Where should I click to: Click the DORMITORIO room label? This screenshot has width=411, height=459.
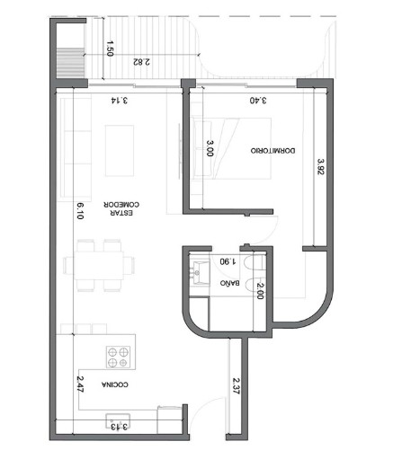pyautogui.click(x=273, y=150)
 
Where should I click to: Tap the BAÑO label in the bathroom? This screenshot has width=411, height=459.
pyautogui.click(x=229, y=283)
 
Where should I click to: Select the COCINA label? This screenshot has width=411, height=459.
pyautogui.click(x=115, y=384)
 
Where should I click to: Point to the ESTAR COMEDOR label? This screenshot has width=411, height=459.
pyautogui.click(x=121, y=208)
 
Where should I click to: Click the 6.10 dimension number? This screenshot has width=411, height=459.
pyautogui.click(x=80, y=211)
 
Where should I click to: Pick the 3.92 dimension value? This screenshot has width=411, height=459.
pyautogui.click(x=321, y=167)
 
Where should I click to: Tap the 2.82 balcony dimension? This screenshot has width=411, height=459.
pyautogui.click(x=141, y=62)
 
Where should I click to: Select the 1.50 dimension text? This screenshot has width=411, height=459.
pyautogui.click(x=110, y=49)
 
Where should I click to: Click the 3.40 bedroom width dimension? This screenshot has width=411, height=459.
pyautogui.click(x=258, y=100)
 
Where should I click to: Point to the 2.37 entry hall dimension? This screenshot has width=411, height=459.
pyautogui.click(x=237, y=386)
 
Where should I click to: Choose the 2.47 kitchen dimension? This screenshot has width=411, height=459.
pyautogui.click(x=80, y=384)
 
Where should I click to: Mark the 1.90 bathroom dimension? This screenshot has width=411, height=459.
pyautogui.click(x=228, y=261)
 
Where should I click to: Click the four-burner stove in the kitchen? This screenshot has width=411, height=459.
pyautogui.click(x=118, y=357)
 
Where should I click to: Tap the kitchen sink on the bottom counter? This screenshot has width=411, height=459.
pyautogui.click(x=118, y=421)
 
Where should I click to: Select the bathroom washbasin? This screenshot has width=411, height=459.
pyautogui.click(x=199, y=272)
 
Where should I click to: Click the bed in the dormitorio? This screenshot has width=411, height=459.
pyautogui.click(x=232, y=148)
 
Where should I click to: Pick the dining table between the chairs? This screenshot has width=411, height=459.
pyautogui.click(x=99, y=265)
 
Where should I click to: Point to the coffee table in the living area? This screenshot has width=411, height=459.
pyautogui.click(x=120, y=151)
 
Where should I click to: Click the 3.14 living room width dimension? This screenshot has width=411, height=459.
pyautogui.click(x=120, y=100)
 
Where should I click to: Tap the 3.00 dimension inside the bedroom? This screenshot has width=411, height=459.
pyautogui.click(x=210, y=148)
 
